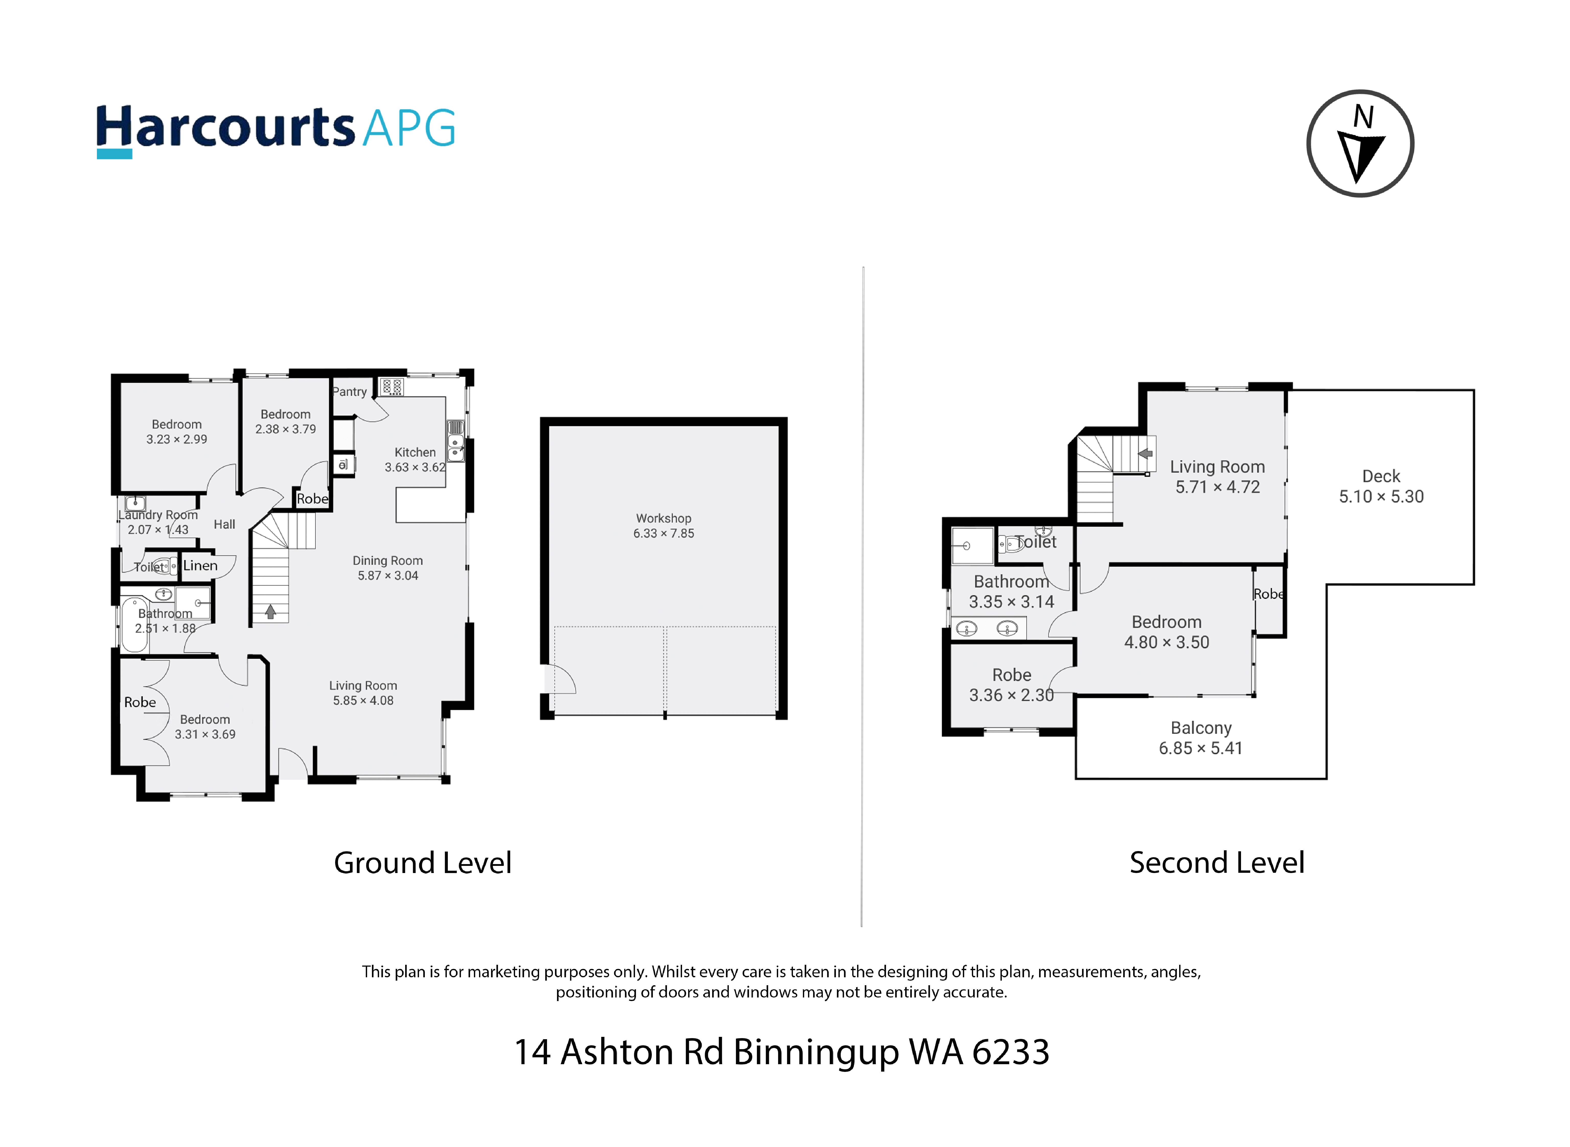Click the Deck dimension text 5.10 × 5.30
(1381, 496)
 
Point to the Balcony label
(1201, 728)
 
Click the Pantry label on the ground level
(349, 392)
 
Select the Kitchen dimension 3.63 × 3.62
(415, 467)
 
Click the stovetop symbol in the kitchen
(392, 387)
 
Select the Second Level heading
(1216, 863)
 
